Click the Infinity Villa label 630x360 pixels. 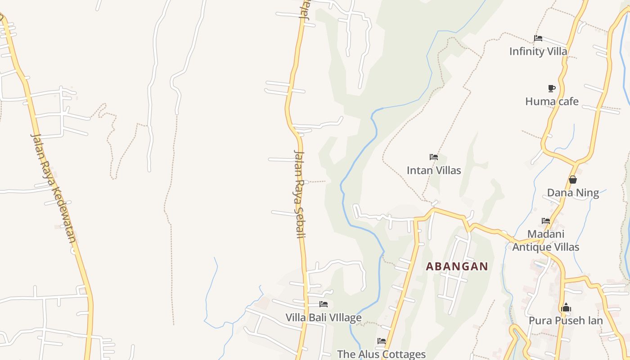tap(538, 51)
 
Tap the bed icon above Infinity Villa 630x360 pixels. tap(538, 38)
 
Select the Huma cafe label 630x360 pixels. tap(552, 102)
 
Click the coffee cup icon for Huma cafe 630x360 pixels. tap(552, 88)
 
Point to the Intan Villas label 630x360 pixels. tap(434, 171)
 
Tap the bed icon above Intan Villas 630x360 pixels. tap(434, 157)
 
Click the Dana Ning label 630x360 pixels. tap(573, 193)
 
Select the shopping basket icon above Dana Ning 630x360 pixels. tap(573, 180)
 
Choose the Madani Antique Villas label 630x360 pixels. tap(546, 240)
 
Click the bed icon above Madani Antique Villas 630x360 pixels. tap(546, 221)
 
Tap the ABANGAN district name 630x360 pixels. tap(457, 266)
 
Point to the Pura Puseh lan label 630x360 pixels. tap(566, 320)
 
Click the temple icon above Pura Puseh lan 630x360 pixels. tap(566, 308)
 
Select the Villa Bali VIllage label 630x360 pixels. tap(324, 318)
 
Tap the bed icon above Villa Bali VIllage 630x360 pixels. tap(324, 304)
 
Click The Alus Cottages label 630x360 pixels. tap(381, 354)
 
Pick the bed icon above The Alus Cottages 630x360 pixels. tap(382, 341)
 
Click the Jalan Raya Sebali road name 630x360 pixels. tap(299, 193)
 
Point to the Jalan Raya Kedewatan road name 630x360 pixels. tap(54, 188)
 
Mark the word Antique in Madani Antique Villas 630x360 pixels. tap(531, 247)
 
